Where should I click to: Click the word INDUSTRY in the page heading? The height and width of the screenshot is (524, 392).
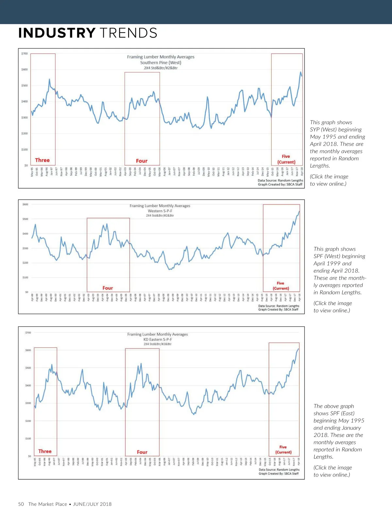click(x=57, y=33)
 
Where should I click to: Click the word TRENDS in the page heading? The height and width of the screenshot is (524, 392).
click(x=128, y=33)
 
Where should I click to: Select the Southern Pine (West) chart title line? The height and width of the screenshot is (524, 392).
click(x=160, y=63)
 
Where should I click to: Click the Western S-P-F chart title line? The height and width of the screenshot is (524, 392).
click(x=160, y=211)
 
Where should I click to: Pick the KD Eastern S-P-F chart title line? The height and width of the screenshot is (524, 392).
click(x=157, y=339)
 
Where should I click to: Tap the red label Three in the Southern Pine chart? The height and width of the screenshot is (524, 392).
click(x=42, y=160)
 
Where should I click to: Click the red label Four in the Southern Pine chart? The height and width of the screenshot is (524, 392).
click(x=142, y=161)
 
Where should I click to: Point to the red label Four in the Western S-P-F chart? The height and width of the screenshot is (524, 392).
click(x=108, y=288)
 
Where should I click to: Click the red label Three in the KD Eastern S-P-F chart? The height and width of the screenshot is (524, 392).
click(x=45, y=451)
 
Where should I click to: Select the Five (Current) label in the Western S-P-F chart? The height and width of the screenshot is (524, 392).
click(x=281, y=286)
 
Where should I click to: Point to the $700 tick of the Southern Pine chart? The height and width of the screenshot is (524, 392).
click(x=24, y=54)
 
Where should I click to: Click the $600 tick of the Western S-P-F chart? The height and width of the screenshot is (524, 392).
click(x=25, y=205)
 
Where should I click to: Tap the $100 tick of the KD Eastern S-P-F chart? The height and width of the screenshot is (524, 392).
click(x=28, y=439)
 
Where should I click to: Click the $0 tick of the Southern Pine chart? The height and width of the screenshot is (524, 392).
click(x=26, y=165)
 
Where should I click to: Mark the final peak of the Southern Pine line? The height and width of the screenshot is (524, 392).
click(x=301, y=72)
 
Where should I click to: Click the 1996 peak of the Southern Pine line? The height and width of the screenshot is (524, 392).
click(x=49, y=79)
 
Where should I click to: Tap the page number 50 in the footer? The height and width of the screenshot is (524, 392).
click(x=21, y=504)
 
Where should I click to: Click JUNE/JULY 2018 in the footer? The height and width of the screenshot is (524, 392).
click(x=92, y=504)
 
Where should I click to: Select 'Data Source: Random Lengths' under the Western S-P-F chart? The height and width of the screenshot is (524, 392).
click(x=279, y=306)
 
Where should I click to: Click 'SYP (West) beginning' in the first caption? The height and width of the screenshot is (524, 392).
click(x=336, y=130)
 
